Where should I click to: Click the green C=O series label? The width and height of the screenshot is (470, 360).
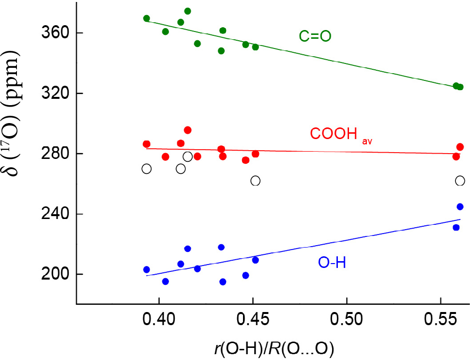[x=315, y=36]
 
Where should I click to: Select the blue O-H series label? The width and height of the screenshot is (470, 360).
[x=331, y=263]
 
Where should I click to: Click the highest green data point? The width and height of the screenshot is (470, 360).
[x=187, y=11]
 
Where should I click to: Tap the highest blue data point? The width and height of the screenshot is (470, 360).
[x=460, y=207]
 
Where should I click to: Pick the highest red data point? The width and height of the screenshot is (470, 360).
[x=187, y=130]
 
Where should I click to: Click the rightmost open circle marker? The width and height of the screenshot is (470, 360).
[x=460, y=181]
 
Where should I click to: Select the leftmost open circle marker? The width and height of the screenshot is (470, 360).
[x=147, y=169]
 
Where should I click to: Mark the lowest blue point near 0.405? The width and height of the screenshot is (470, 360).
[x=166, y=282]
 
